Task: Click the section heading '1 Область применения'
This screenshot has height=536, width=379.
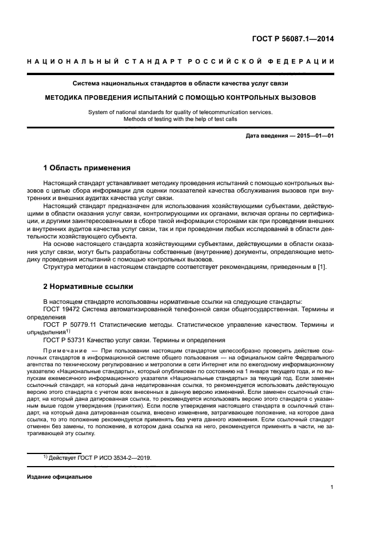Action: coord(87,169)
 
